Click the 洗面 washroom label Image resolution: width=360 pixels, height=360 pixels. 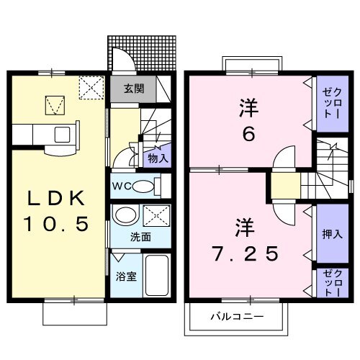140,235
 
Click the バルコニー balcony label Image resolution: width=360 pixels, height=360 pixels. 237,317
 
